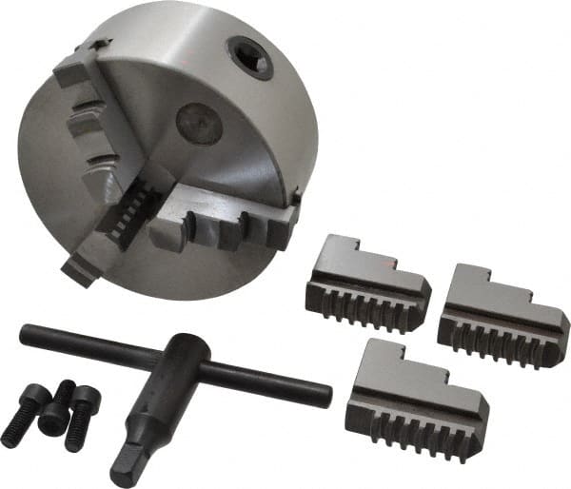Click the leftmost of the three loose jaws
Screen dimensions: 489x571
(365, 285)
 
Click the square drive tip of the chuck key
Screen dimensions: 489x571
(124, 465)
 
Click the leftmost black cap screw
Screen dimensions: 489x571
(24, 418)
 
